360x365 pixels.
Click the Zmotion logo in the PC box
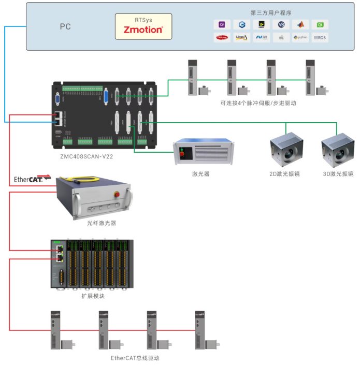(143, 30)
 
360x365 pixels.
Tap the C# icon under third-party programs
(222, 24)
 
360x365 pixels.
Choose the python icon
(300, 37)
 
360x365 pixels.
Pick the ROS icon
(320, 37)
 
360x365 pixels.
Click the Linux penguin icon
(241, 37)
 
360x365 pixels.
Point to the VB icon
(281, 24)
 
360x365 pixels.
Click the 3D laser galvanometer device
(337, 150)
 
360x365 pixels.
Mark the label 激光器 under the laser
(200, 174)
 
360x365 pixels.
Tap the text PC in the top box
(65, 26)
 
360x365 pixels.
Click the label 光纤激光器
(102, 223)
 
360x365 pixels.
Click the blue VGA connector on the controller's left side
(57, 101)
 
